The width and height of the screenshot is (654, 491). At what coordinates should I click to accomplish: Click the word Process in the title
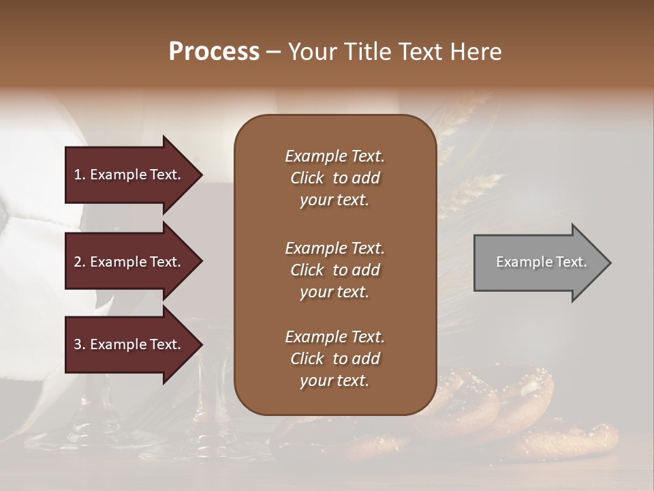click(214, 52)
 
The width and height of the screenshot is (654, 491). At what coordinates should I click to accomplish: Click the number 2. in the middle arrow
click(79, 262)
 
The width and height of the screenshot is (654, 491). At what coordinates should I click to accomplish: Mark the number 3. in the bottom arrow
click(79, 344)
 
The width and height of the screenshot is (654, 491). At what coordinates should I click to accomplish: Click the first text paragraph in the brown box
click(334, 178)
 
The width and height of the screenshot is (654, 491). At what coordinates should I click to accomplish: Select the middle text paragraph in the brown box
click(334, 270)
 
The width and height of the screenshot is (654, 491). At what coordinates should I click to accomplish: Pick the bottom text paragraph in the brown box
click(334, 359)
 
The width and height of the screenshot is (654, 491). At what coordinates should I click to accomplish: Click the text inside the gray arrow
click(541, 262)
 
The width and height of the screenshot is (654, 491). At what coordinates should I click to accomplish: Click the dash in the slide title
click(273, 53)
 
